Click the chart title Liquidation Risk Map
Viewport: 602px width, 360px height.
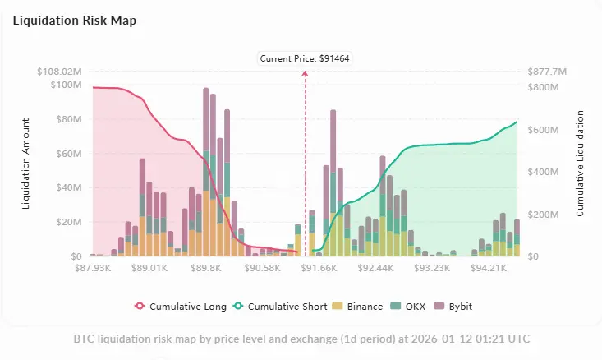coord(73,21)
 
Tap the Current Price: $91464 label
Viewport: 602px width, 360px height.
coord(305,58)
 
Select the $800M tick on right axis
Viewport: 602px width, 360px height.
coord(543,86)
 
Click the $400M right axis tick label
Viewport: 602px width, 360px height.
coord(543,172)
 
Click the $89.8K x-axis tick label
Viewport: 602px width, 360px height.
coord(205,268)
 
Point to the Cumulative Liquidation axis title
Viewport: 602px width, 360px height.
coord(580,164)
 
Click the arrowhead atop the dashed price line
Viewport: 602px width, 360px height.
coord(305,73)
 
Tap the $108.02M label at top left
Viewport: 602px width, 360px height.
coord(60,72)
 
